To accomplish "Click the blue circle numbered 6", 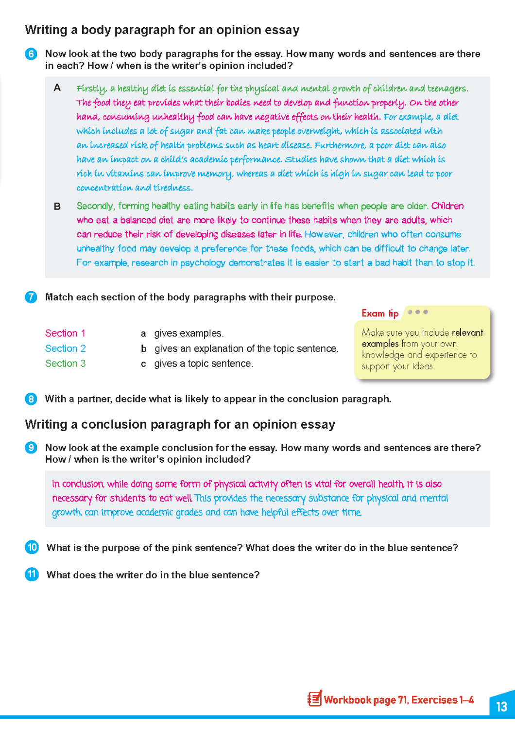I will pos(31,54).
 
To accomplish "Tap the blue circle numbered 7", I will pos(31,297).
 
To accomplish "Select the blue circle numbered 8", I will pos(31,399).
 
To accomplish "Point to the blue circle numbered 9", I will pos(31,448).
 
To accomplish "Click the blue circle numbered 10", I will pos(32,548).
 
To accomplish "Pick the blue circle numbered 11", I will pos(32,575).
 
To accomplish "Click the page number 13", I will pos(501,706).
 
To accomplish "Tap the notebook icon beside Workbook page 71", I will pos(314,699).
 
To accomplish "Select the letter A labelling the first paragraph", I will pos(57,88).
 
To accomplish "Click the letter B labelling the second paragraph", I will pos(57,207).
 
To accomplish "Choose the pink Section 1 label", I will pos(65,333).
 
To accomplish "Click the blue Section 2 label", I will pos(66,348).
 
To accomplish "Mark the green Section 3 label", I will pos(66,364).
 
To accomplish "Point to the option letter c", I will pos(143,364).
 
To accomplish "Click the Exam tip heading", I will pos(380,313).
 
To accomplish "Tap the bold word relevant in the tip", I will pos(467,333).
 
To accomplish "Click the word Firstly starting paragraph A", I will pos(91,88).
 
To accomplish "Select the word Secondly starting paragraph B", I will pos(96,206).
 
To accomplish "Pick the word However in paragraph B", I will pos(324,234).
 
